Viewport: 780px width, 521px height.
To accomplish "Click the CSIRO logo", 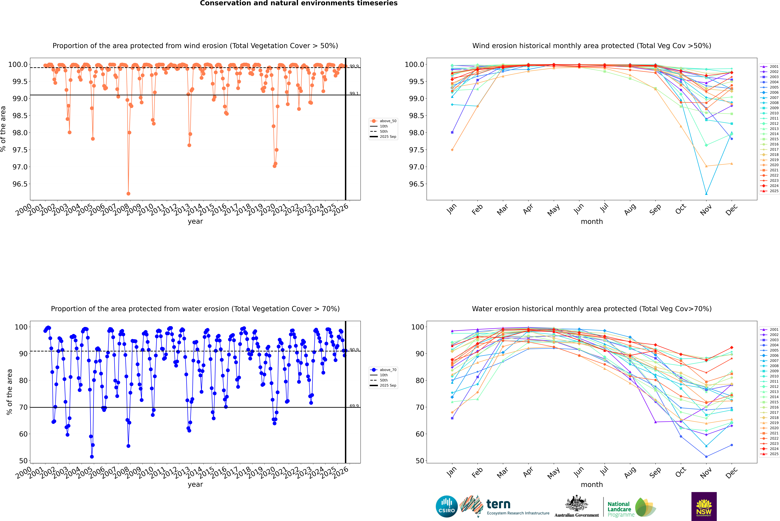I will (x=447, y=506).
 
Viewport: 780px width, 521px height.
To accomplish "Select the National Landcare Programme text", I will (x=619, y=509).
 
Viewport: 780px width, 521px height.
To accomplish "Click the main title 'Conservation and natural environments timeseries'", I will (x=299, y=3).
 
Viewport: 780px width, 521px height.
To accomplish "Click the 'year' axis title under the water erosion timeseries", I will (x=195, y=484).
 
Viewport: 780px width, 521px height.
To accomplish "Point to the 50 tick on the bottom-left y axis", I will (x=23, y=461).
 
